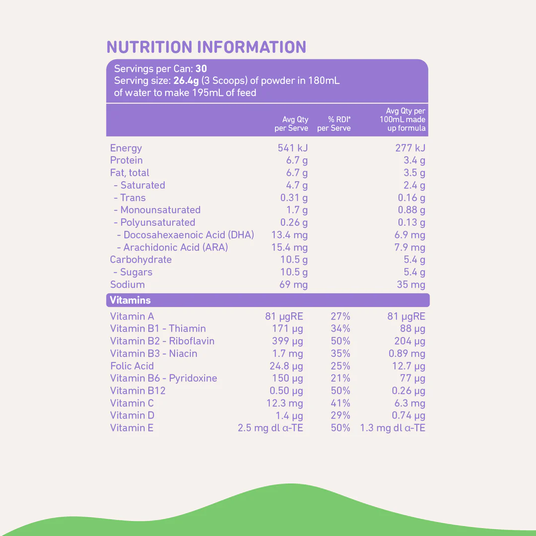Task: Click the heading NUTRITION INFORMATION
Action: (206, 47)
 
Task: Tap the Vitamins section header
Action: (130, 300)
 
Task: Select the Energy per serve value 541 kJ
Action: (293, 148)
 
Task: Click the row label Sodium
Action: (128, 284)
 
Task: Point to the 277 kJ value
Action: (410, 148)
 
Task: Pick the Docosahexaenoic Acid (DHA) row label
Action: (186, 235)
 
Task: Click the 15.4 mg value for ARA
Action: (289, 247)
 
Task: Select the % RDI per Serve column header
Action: (334, 124)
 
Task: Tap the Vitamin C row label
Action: (132, 403)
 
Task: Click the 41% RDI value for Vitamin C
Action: (340, 403)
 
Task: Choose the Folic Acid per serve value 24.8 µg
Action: (286, 366)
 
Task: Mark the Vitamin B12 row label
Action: (138, 391)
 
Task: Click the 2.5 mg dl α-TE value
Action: (270, 428)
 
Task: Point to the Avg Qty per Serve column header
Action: (292, 124)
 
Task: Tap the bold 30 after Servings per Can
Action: (201, 69)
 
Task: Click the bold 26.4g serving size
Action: (186, 80)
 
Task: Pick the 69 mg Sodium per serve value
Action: (293, 284)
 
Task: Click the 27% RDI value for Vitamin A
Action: (340, 316)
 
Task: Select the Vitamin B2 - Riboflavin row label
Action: (162, 341)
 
